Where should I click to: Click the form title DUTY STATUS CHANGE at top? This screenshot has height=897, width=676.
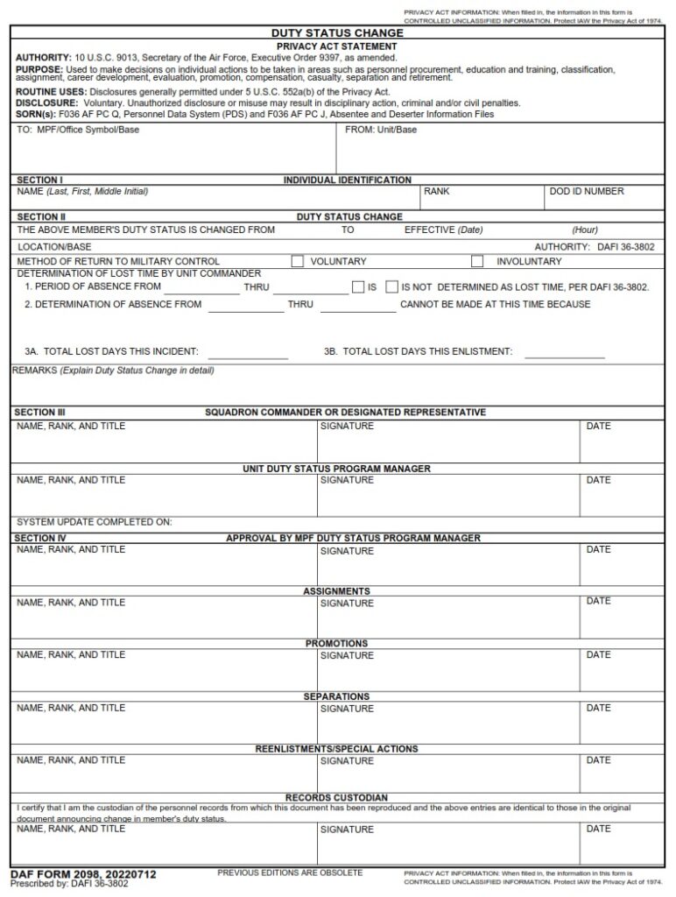click(x=337, y=33)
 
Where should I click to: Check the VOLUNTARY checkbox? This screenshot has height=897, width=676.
click(x=298, y=261)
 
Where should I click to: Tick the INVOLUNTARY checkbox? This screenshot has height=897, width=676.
click(x=477, y=261)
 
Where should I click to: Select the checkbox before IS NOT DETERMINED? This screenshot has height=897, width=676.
click(x=391, y=286)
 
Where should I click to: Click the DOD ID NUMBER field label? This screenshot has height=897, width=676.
click(x=587, y=191)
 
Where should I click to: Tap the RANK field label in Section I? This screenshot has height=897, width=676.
click(x=436, y=191)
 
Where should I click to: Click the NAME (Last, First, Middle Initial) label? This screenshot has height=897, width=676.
click(x=82, y=191)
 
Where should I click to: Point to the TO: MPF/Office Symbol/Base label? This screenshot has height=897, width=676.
click(x=78, y=130)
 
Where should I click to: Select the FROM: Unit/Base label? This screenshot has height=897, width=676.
click(x=381, y=130)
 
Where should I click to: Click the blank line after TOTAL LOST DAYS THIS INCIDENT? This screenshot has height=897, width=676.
click(x=248, y=353)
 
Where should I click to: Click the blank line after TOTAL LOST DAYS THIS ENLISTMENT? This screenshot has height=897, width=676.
click(x=565, y=353)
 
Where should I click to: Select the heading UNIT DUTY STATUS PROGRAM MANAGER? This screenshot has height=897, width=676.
click(x=337, y=469)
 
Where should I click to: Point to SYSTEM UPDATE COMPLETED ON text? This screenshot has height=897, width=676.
click(x=95, y=522)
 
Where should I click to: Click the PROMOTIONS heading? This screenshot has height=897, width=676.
click(x=337, y=644)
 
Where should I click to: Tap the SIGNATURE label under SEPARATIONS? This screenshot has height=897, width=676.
click(x=347, y=709)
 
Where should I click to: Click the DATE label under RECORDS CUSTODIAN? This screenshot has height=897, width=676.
click(x=599, y=828)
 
